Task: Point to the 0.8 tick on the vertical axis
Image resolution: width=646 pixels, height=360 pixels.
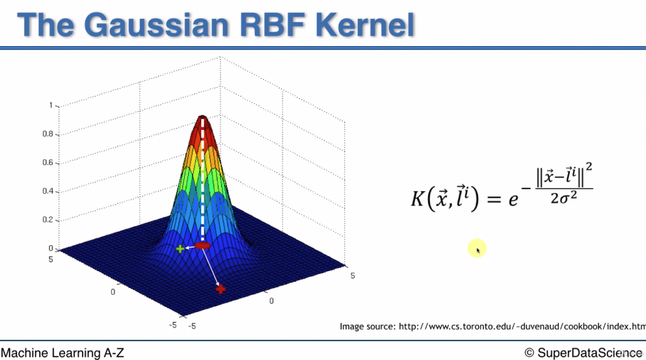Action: (47, 134)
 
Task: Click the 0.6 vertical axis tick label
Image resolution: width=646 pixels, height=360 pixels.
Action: (47, 162)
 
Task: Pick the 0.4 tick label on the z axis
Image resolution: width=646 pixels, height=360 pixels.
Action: (47, 191)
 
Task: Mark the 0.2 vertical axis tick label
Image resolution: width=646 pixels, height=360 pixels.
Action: (47, 219)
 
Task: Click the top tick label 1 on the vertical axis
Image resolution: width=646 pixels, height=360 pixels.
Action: (50, 105)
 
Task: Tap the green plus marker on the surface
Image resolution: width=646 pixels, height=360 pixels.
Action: (180, 249)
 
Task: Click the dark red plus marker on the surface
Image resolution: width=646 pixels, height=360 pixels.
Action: (221, 289)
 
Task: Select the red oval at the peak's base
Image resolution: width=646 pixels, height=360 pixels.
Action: (203, 246)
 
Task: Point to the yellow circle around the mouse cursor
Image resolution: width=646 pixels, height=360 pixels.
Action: (477, 248)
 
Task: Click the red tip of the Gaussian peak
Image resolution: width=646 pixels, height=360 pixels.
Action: (203, 119)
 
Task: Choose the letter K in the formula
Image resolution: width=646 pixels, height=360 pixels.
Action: (418, 199)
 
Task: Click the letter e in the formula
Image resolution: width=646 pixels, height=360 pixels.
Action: (513, 200)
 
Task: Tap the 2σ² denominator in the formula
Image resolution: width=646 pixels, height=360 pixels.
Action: (563, 198)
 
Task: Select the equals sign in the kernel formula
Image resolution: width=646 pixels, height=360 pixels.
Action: (493, 199)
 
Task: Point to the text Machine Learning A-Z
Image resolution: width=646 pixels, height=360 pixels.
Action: (62, 352)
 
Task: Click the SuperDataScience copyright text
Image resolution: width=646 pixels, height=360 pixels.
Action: (583, 352)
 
